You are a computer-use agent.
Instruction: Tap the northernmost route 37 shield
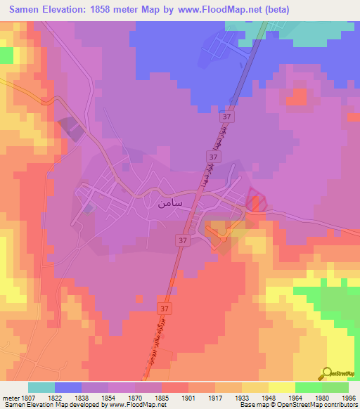(226, 115)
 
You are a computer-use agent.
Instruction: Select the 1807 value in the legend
(28, 398)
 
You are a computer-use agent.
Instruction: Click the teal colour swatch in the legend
(41, 387)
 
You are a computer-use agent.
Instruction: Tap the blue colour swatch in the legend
(68, 387)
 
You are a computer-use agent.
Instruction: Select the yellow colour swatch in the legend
(282, 387)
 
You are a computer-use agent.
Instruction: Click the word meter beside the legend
(10, 398)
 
